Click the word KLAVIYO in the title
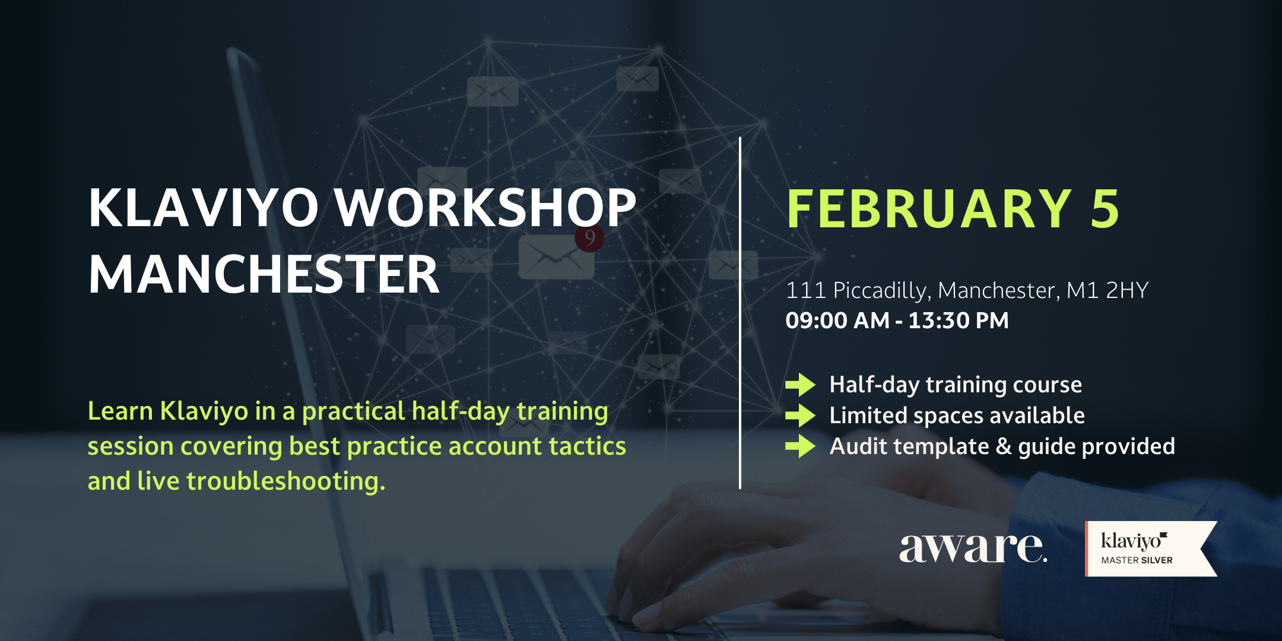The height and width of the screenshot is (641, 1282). pyautogui.click(x=204, y=208)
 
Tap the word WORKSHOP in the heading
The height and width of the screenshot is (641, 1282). pyautogui.click(x=485, y=208)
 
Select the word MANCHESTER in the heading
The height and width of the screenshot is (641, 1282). pyautogui.click(x=264, y=274)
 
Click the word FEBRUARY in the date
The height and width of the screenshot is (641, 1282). pyautogui.click(x=929, y=208)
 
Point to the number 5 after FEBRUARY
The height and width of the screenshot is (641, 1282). pyautogui.click(x=1105, y=208)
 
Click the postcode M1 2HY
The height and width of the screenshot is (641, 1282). pyautogui.click(x=1108, y=290)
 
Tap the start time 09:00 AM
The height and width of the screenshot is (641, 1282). pyautogui.click(x=837, y=320)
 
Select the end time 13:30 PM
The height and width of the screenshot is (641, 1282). pyautogui.click(x=959, y=320)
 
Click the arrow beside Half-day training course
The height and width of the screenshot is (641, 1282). pyautogui.click(x=800, y=385)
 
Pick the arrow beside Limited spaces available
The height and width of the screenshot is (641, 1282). pyautogui.click(x=800, y=415)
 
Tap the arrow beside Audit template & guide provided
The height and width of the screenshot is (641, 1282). pyautogui.click(x=800, y=446)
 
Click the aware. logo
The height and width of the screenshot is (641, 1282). pyautogui.click(x=973, y=547)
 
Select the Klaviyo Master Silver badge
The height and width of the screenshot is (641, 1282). pyautogui.click(x=1150, y=549)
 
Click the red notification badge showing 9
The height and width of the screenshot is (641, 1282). pyautogui.click(x=589, y=238)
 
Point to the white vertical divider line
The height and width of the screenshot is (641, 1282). pyautogui.click(x=740, y=313)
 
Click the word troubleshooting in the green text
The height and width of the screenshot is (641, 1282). pyautogui.click(x=285, y=481)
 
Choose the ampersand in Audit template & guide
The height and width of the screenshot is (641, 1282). pyautogui.click(x=1004, y=446)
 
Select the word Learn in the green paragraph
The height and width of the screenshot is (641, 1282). pyautogui.click(x=120, y=411)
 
